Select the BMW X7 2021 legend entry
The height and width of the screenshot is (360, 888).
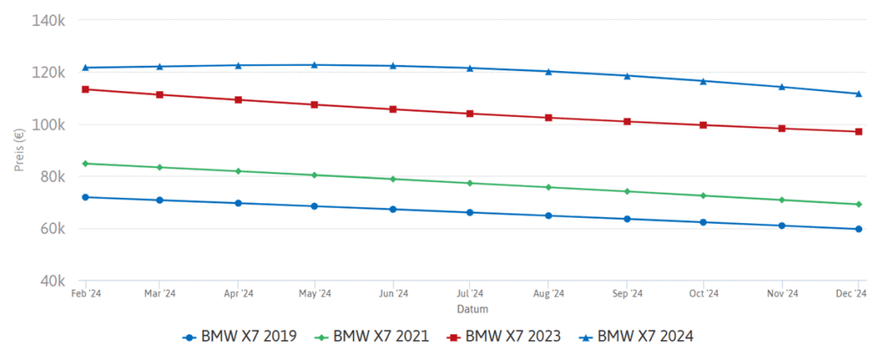click(x=372, y=336)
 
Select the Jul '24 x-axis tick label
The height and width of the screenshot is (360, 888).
click(x=469, y=294)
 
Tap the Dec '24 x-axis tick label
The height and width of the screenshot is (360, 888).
click(x=854, y=294)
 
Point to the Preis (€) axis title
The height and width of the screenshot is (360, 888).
click(x=18, y=150)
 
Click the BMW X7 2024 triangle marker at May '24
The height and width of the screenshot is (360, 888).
click(x=314, y=64)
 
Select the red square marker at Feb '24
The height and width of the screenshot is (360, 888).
click(x=85, y=89)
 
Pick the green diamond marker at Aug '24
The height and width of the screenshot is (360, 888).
click(x=548, y=187)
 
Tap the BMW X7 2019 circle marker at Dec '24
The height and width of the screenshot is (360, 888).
click(x=859, y=229)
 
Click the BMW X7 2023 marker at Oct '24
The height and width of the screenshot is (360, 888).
click(x=703, y=125)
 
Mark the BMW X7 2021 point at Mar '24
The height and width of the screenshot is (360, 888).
click(x=160, y=167)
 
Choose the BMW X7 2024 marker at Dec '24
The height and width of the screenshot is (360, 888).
click(x=859, y=94)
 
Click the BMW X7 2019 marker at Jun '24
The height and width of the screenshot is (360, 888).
click(x=393, y=209)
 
